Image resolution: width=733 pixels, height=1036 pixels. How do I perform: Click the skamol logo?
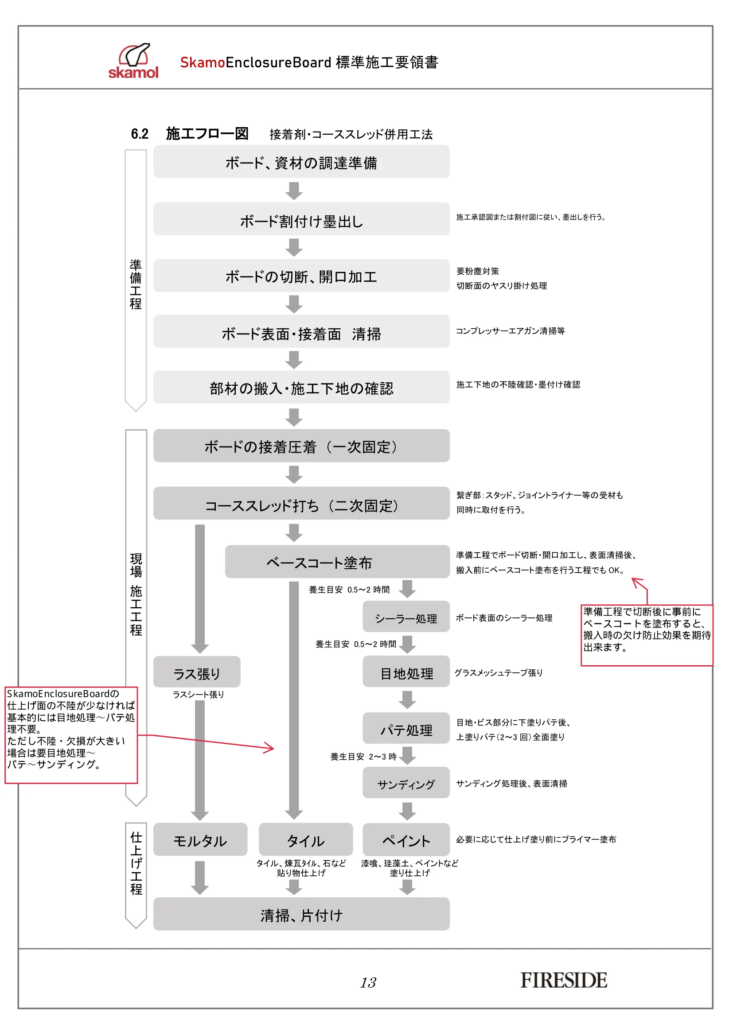pyautogui.click(x=133, y=61)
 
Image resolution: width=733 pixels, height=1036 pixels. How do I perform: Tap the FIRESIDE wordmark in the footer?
pyautogui.click(x=564, y=981)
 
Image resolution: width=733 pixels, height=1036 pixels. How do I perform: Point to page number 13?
pyautogui.click(x=368, y=982)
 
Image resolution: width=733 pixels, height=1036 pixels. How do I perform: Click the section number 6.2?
pyautogui.click(x=140, y=134)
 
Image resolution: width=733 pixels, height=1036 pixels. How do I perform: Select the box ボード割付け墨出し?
pyautogui.click(x=301, y=219)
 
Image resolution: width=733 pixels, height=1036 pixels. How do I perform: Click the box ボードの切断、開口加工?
pyautogui.click(x=301, y=275)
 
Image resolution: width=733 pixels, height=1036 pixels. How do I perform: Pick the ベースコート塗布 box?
pyautogui.click(x=337, y=562)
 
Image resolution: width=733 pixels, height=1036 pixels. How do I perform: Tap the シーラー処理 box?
pyautogui.click(x=406, y=617)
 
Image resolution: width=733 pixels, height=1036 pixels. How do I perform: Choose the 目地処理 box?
pyautogui.click(x=406, y=671)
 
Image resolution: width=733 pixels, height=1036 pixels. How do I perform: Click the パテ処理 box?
pyautogui.click(x=406, y=728)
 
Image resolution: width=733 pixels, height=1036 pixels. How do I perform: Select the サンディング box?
pyautogui.click(x=406, y=783)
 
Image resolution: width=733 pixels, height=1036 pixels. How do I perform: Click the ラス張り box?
pyautogui.click(x=197, y=672)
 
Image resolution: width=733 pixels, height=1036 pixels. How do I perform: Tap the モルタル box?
pyautogui.click(x=200, y=840)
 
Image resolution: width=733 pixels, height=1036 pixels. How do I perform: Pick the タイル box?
pyautogui.click(x=306, y=840)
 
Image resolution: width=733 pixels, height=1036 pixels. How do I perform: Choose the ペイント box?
pyautogui.click(x=406, y=840)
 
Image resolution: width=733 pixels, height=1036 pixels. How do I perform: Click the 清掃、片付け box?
pyautogui.click(x=301, y=914)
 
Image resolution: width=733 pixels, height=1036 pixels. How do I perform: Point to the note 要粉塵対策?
pyautogui.click(x=478, y=271)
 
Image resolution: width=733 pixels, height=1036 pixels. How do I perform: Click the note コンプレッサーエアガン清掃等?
pyautogui.click(x=510, y=331)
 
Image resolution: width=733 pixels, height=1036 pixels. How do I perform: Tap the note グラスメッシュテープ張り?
pyautogui.click(x=498, y=673)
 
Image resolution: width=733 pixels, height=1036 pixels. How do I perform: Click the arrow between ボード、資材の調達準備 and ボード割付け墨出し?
pyautogui.click(x=294, y=190)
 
